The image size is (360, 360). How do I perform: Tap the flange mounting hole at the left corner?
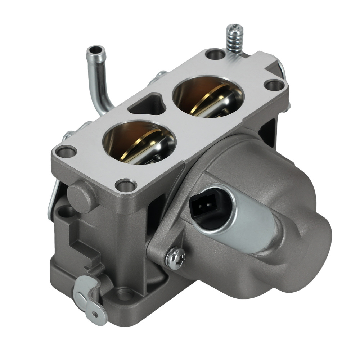[64, 152]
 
